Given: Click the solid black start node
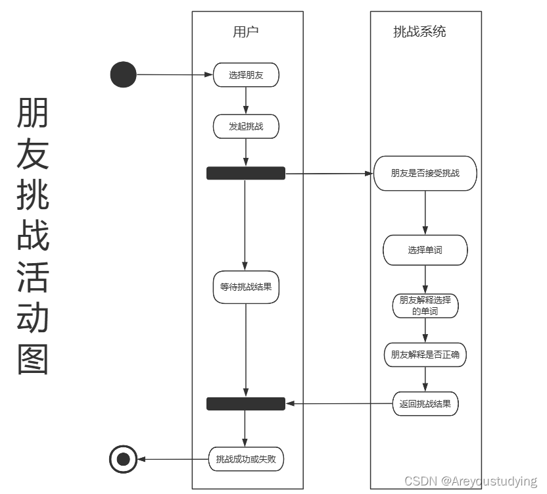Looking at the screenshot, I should (123, 74).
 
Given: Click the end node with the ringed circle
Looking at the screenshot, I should (123, 459).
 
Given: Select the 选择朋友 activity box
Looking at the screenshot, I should (246, 75).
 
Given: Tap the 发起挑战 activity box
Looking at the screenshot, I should (246, 126).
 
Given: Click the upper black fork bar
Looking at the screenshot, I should (246, 173).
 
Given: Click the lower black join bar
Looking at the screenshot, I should (246, 404).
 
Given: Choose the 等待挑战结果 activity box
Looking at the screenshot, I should (246, 287).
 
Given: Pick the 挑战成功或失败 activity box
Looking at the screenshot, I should (246, 459).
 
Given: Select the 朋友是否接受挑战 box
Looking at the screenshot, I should (425, 174).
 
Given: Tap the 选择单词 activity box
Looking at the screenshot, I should (425, 251).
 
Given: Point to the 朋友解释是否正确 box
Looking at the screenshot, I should (425, 355).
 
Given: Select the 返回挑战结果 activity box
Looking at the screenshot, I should (425, 404).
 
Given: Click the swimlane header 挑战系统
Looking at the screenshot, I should (419, 32).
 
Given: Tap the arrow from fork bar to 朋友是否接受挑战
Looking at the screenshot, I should (329, 174).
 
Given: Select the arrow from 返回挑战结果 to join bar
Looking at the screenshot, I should (339, 404).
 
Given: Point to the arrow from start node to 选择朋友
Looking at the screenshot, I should (174, 75).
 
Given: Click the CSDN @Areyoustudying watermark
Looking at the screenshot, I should (470, 482).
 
